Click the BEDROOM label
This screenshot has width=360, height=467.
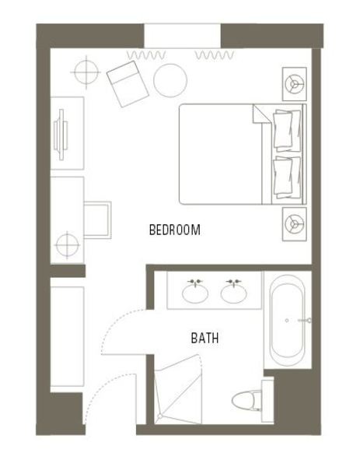175,230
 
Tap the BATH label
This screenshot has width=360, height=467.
204,339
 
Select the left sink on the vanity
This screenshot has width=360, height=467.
195,293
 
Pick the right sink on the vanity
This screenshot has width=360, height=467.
233,293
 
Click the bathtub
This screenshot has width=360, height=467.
288,321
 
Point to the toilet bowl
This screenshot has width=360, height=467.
244,401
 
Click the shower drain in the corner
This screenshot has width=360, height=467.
159,416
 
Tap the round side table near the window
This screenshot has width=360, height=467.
170,80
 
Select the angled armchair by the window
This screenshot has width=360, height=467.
128,84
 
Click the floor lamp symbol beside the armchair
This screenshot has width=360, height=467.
86,72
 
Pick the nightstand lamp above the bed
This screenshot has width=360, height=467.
294,84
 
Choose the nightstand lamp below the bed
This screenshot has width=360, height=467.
294,224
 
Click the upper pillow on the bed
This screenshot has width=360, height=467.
287,130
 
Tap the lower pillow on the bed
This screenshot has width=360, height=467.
287,177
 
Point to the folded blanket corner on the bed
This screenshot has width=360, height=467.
262,114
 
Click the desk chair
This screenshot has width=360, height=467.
98,219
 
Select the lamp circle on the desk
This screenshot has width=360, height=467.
67,245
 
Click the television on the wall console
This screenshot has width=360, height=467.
61,135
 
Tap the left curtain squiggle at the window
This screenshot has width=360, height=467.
146,55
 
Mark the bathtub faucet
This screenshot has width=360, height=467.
306,321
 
